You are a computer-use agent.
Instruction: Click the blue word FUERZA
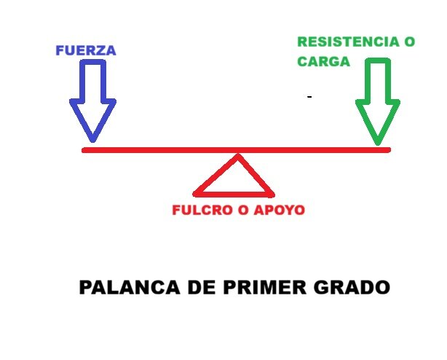click(86, 50)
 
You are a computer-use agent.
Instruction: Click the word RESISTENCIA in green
click(349, 42)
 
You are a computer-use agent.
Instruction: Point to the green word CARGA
click(323, 62)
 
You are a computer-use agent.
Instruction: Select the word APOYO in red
click(280, 210)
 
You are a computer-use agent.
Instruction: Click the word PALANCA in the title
click(130, 287)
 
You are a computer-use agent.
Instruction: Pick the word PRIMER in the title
click(264, 287)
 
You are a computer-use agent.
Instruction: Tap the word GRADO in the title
click(352, 287)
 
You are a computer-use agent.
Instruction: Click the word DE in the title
click(202, 287)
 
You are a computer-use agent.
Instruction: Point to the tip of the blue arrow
click(92, 141)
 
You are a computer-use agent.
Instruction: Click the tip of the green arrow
click(378, 144)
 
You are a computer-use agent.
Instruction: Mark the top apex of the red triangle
click(238, 154)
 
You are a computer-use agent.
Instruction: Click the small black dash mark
click(309, 97)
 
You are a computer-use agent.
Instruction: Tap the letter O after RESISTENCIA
click(409, 42)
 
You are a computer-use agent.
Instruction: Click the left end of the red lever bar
click(83, 150)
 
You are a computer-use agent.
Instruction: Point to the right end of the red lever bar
click(389, 150)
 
